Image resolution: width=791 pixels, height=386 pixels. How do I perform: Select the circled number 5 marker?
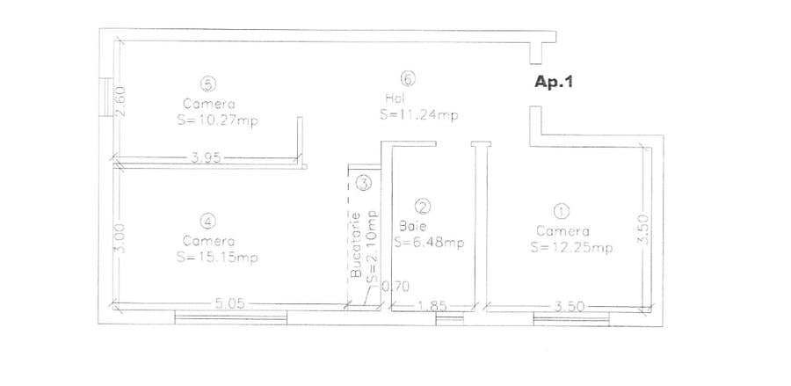coord(207,84)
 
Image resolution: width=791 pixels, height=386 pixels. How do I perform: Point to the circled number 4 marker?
coord(207,221)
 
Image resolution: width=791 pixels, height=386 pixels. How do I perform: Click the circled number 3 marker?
coord(364,184)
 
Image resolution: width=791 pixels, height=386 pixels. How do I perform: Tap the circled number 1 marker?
coord(560,211)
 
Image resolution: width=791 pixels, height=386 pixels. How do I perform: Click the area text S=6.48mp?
coord(428,243)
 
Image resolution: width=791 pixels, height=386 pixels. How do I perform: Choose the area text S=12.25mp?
coord(571,248)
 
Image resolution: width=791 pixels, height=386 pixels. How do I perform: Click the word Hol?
coord(394,98)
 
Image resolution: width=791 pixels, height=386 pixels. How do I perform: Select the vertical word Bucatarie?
coord(356,245)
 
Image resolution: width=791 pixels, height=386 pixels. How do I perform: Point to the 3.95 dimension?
coord(205,158)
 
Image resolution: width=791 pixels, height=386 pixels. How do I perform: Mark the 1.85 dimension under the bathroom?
coord(432,305)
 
